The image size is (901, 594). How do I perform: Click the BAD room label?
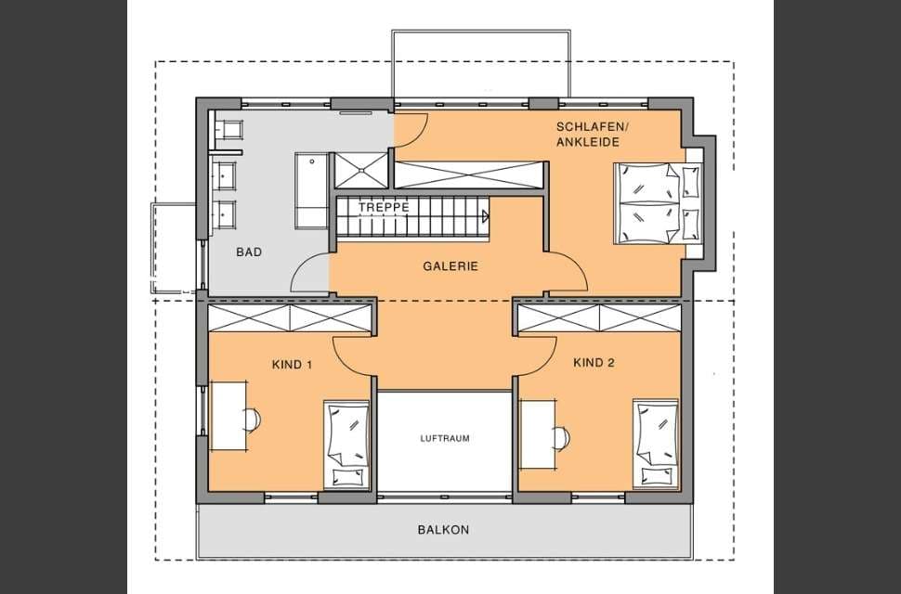tap(249, 252)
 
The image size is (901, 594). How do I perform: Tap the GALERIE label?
tap(450, 266)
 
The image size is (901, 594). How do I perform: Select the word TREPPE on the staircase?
tap(384, 207)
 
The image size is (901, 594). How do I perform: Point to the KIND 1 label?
tap(292, 365)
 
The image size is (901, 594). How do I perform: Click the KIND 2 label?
tap(594, 363)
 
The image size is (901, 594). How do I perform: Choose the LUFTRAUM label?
tap(445, 438)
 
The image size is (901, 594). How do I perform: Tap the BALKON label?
tap(444, 530)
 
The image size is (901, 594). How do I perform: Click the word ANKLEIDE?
tap(588, 142)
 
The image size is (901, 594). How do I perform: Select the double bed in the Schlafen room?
tap(658, 203)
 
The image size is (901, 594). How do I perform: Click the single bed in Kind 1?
tap(346, 445)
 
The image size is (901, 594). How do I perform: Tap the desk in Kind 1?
tap(229, 415)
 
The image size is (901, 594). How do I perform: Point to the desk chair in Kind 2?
tap(561, 438)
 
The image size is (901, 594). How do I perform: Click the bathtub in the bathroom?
tap(312, 190)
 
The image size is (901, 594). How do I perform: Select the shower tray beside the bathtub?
tap(361, 171)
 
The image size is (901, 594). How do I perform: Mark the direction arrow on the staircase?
tap(486, 216)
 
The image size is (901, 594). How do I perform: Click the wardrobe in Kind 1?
tap(290, 318)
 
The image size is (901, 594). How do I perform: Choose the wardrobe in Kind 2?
tap(599, 318)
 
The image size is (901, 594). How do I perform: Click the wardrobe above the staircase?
tap(469, 175)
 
